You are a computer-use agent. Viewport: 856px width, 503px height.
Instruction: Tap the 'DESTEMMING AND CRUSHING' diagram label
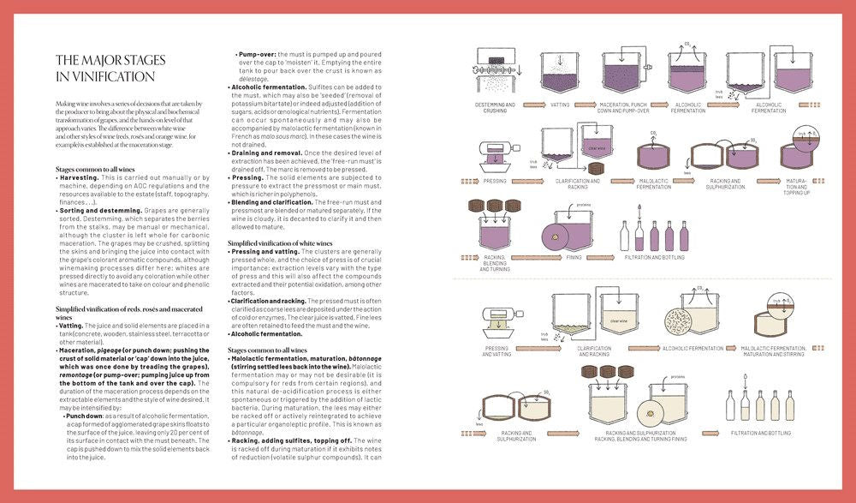(496, 107)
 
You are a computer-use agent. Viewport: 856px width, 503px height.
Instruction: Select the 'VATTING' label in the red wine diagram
(560, 105)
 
